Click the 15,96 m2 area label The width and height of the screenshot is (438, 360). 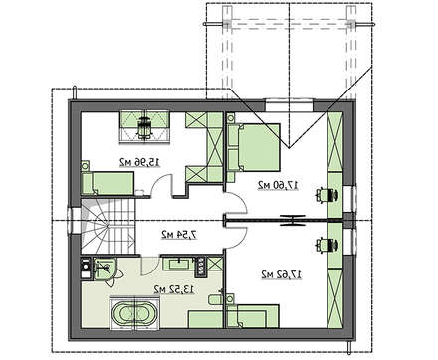[139, 162]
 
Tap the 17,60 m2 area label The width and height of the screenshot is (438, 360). [278, 185]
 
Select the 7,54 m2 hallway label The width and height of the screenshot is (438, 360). [179, 235]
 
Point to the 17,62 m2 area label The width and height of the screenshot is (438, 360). [282, 274]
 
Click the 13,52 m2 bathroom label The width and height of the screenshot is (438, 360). [173, 289]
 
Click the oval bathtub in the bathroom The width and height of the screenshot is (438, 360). [134, 314]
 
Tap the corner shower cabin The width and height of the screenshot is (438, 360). [105, 270]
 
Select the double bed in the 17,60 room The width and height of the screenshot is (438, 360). [254, 147]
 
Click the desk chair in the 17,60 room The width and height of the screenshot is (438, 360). [328, 195]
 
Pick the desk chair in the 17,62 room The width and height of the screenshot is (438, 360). [328, 245]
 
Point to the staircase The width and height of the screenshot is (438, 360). [109, 227]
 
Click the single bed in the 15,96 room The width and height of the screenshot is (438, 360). [108, 183]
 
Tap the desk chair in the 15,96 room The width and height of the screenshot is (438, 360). [144, 127]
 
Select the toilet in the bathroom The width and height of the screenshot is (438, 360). [216, 299]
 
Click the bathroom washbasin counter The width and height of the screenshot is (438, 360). [179, 264]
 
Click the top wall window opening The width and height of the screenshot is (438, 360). [290, 105]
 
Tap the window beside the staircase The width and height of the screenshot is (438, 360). [72, 221]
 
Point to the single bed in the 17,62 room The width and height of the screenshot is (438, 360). [253, 316]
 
